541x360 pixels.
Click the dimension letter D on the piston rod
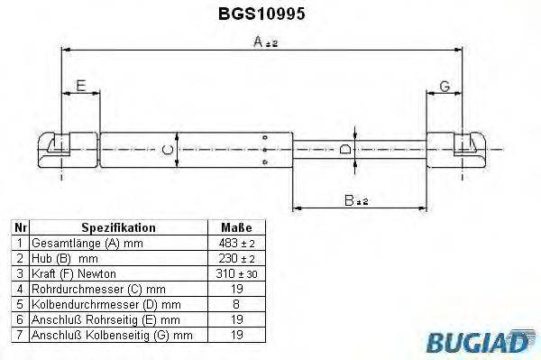tap(345, 148)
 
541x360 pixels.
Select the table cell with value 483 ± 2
tap(235, 244)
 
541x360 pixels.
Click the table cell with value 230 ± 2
tap(235, 258)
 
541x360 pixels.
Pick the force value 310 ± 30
tap(235, 273)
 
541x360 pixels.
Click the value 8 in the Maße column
tap(235, 304)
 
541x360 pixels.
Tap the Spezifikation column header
tap(118, 228)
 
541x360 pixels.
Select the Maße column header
tap(235, 228)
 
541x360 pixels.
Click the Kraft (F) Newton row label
tap(74, 273)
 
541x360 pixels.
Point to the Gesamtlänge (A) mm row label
tap(85, 244)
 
